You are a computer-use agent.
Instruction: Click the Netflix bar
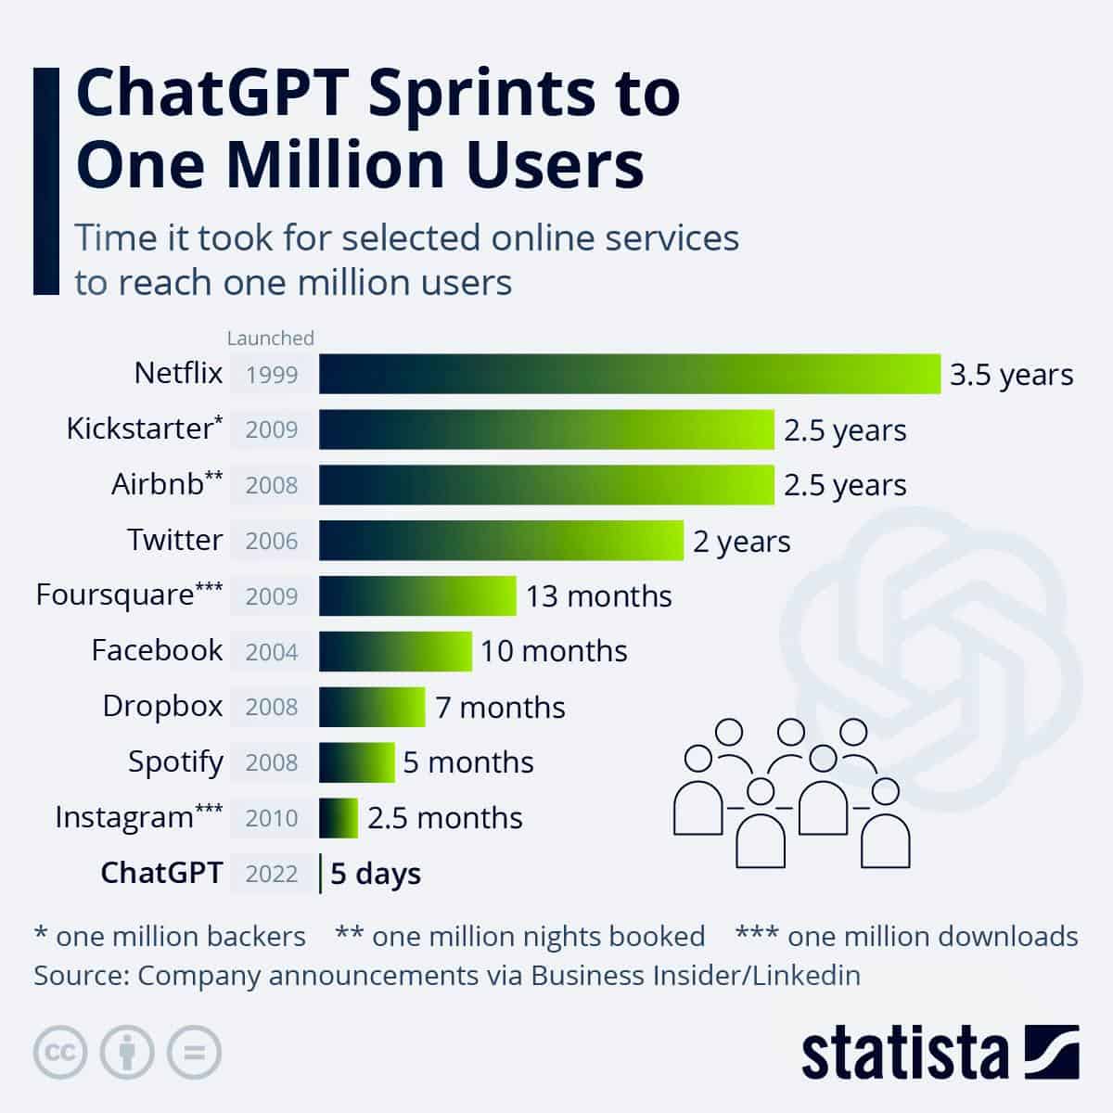629,374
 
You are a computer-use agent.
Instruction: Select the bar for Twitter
501,541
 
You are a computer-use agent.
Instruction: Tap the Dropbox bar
372,707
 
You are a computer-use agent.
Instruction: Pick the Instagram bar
339,818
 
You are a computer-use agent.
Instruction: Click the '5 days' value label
376,874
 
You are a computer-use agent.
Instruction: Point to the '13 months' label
599,595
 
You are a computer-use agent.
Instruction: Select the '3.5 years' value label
1011,375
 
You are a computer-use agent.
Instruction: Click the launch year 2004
272,652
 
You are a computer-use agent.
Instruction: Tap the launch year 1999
272,375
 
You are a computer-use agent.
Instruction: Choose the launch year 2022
272,874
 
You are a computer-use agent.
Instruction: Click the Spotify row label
175,762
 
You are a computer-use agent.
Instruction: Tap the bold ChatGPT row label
161,873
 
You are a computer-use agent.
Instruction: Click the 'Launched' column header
271,338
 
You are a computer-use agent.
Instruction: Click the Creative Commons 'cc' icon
60,1053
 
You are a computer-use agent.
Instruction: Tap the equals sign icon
195,1053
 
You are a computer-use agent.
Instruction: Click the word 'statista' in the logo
904,1053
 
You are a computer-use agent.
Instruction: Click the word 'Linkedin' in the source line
806,976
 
